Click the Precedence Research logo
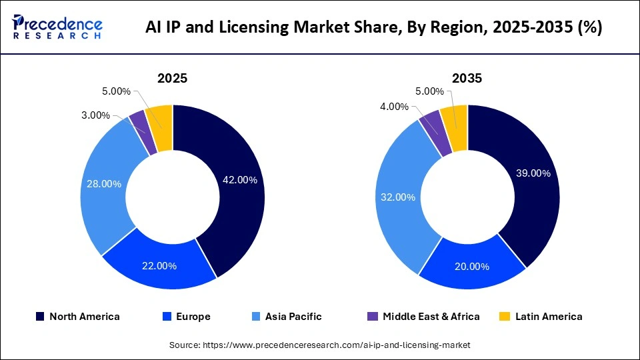57,27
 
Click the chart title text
374,27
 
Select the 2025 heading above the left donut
172,78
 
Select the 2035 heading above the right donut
467,78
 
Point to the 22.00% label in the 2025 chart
159,266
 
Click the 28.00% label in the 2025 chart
103,183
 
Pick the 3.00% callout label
95,115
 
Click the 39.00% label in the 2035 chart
533,173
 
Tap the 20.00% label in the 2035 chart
471,267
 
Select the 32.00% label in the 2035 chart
399,197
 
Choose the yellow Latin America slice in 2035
455,117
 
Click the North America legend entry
78,317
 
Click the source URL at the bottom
319,345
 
